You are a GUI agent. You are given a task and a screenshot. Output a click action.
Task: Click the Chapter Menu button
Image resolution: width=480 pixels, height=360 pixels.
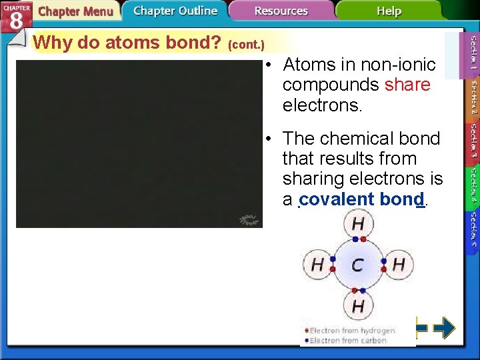click(x=75, y=12)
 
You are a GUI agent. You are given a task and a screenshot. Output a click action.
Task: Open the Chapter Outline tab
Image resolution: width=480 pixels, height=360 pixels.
click(x=175, y=11)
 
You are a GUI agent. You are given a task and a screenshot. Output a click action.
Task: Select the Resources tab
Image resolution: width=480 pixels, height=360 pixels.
click(x=281, y=11)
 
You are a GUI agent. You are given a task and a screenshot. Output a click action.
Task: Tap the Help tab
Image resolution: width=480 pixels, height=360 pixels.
click(x=389, y=11)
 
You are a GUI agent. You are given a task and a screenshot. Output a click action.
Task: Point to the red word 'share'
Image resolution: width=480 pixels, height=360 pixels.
click(x=407, y=85)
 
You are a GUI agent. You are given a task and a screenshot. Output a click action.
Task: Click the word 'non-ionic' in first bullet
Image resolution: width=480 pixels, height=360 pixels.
click(x=399, y=65)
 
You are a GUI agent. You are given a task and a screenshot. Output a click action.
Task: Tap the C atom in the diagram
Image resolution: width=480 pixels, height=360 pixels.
click(x=357, y=265)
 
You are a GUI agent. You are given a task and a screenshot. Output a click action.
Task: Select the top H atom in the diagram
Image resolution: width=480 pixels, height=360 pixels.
click(x=358, y=223)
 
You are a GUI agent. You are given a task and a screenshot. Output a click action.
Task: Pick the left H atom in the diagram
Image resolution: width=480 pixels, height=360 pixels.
click(x=317, y=265)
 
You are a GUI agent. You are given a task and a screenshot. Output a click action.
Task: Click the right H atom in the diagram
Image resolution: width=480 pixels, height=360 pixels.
click(x=399, y=265)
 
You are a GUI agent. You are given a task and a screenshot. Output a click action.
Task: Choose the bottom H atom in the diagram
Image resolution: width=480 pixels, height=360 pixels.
click(x=358, y=306)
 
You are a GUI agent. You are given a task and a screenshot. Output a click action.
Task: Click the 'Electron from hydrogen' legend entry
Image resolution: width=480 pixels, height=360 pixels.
click(x=351, y=330)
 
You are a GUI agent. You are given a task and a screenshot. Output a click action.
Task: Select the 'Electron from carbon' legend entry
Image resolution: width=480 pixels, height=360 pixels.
click(x=347, y=341)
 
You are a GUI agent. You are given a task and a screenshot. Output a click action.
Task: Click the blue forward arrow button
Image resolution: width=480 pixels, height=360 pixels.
click(x=444, y=327)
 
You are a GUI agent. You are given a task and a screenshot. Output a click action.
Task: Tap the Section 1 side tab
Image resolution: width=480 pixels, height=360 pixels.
click(x=472, y=54)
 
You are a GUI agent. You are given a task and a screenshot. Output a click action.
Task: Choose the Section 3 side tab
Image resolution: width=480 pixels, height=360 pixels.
click(x=472, y=141)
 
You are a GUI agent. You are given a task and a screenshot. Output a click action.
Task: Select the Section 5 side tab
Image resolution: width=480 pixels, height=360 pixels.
click(x=472, y=229)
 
